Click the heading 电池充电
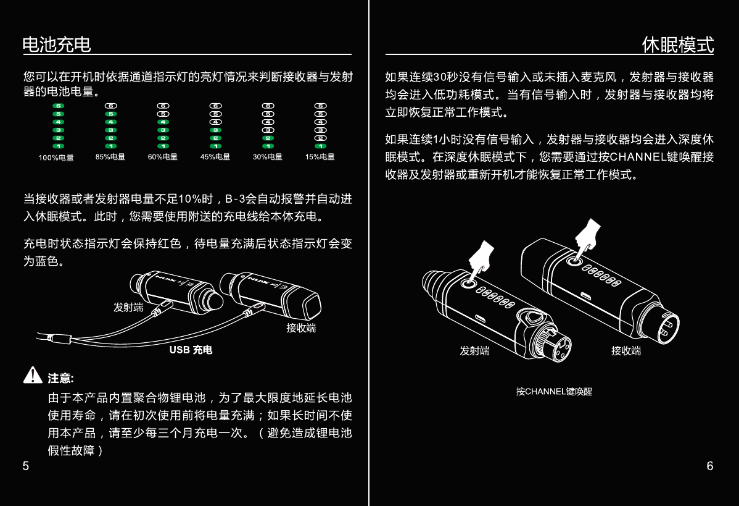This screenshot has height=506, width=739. point(57,44)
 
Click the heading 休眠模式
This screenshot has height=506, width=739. point(677,44)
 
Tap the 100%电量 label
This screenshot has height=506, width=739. point(56,158)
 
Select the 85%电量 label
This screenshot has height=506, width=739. point(110,157)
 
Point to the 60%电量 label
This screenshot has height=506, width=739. point(163,157)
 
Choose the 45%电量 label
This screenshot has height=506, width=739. point(215,157)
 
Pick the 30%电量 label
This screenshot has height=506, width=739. point(268,157)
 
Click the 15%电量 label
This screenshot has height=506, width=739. point(320,157)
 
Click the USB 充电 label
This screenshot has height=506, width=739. point(191,350)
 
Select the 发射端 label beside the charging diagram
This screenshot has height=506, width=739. point(128,307)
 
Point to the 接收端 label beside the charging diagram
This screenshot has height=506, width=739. point(301,328)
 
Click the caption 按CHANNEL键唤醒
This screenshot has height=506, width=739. point(554,391)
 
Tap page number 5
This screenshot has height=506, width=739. point(26,466)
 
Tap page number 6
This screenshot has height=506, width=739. point(710,466)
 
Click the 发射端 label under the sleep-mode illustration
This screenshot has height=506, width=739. point(474,351)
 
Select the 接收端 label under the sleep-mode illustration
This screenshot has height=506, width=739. point(626,351)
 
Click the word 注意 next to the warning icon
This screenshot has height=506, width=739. point(60,378)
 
